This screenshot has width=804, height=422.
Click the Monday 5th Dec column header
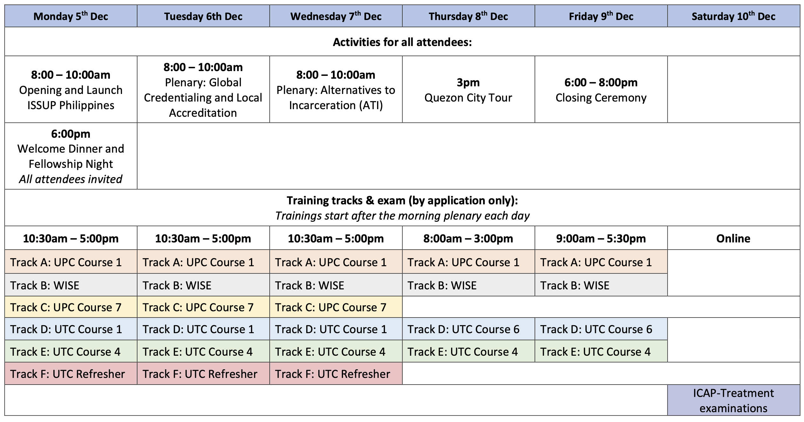[x=71, y=16]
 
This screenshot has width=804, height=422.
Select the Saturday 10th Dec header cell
[x=733, y=16]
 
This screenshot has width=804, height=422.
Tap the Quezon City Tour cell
[x=469, y=89]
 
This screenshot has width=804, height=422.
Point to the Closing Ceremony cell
[x=601, y=89]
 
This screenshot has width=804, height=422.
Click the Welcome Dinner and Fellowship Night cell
[x=71, y=156]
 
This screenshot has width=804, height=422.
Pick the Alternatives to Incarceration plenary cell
[x=336, y=89]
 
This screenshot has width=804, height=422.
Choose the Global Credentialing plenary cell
[x=203, y=89]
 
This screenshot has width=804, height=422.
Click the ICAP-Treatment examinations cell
[x=733, y=400]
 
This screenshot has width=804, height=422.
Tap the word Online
[x=733, y=238]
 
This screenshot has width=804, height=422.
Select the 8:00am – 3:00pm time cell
[x=469, y=238]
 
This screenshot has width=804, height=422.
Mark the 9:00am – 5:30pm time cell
[x=601, y=238]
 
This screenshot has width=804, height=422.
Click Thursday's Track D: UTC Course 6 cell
[x=469, y=329]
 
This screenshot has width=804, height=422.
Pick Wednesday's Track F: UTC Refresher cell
[x=336, y=374]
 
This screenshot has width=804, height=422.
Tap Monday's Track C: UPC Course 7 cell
[x=71, y=307]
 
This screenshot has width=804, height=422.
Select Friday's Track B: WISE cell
[x=601, y=285]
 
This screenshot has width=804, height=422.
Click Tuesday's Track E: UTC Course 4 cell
[x=203, y=351]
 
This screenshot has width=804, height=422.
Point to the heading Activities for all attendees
[x=402, y=42]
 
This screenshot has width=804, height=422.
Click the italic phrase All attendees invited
[x=71, y=179]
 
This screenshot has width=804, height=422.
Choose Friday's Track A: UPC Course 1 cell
[x=601, y=262]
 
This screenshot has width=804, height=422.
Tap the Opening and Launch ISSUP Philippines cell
[x=71, y=89]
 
